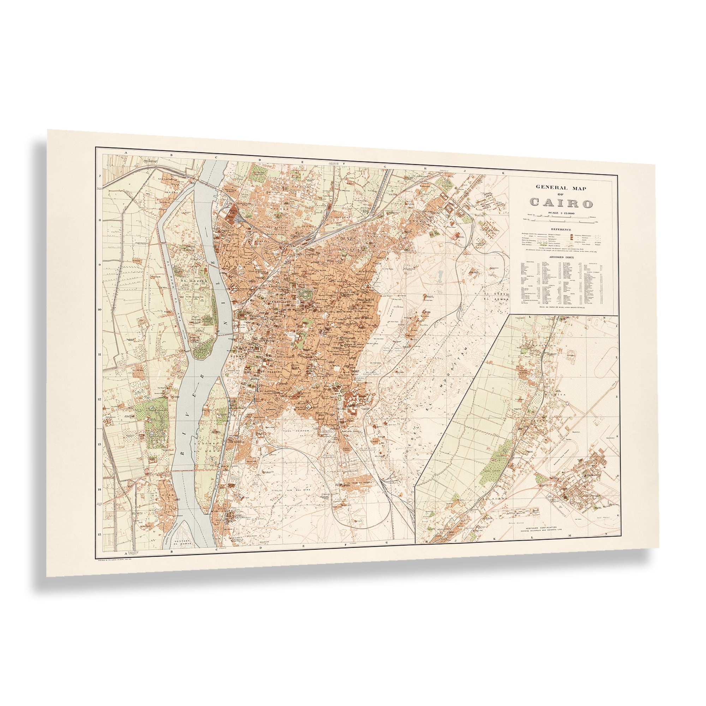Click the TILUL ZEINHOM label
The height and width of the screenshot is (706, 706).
point(294,431)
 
